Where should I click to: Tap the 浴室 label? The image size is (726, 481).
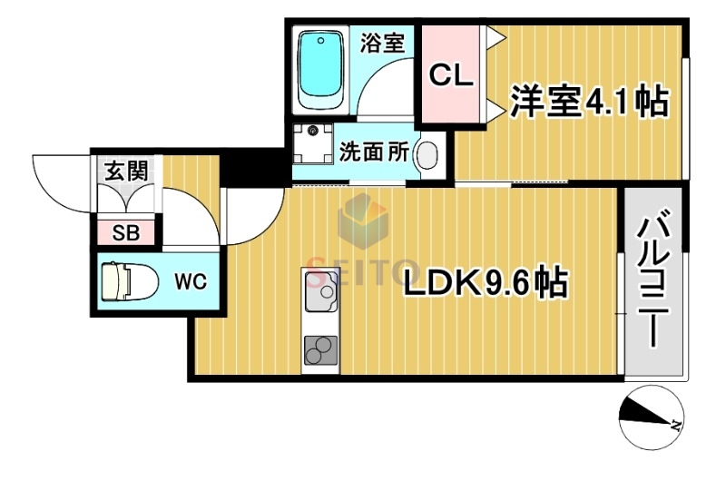tap(382, 43)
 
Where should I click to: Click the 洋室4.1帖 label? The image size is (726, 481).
tap(588, 102)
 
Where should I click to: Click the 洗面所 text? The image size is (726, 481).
tap(373, 152)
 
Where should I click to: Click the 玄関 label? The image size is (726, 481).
tap(127, 170)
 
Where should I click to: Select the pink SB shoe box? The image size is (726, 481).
tap(126, 232)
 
